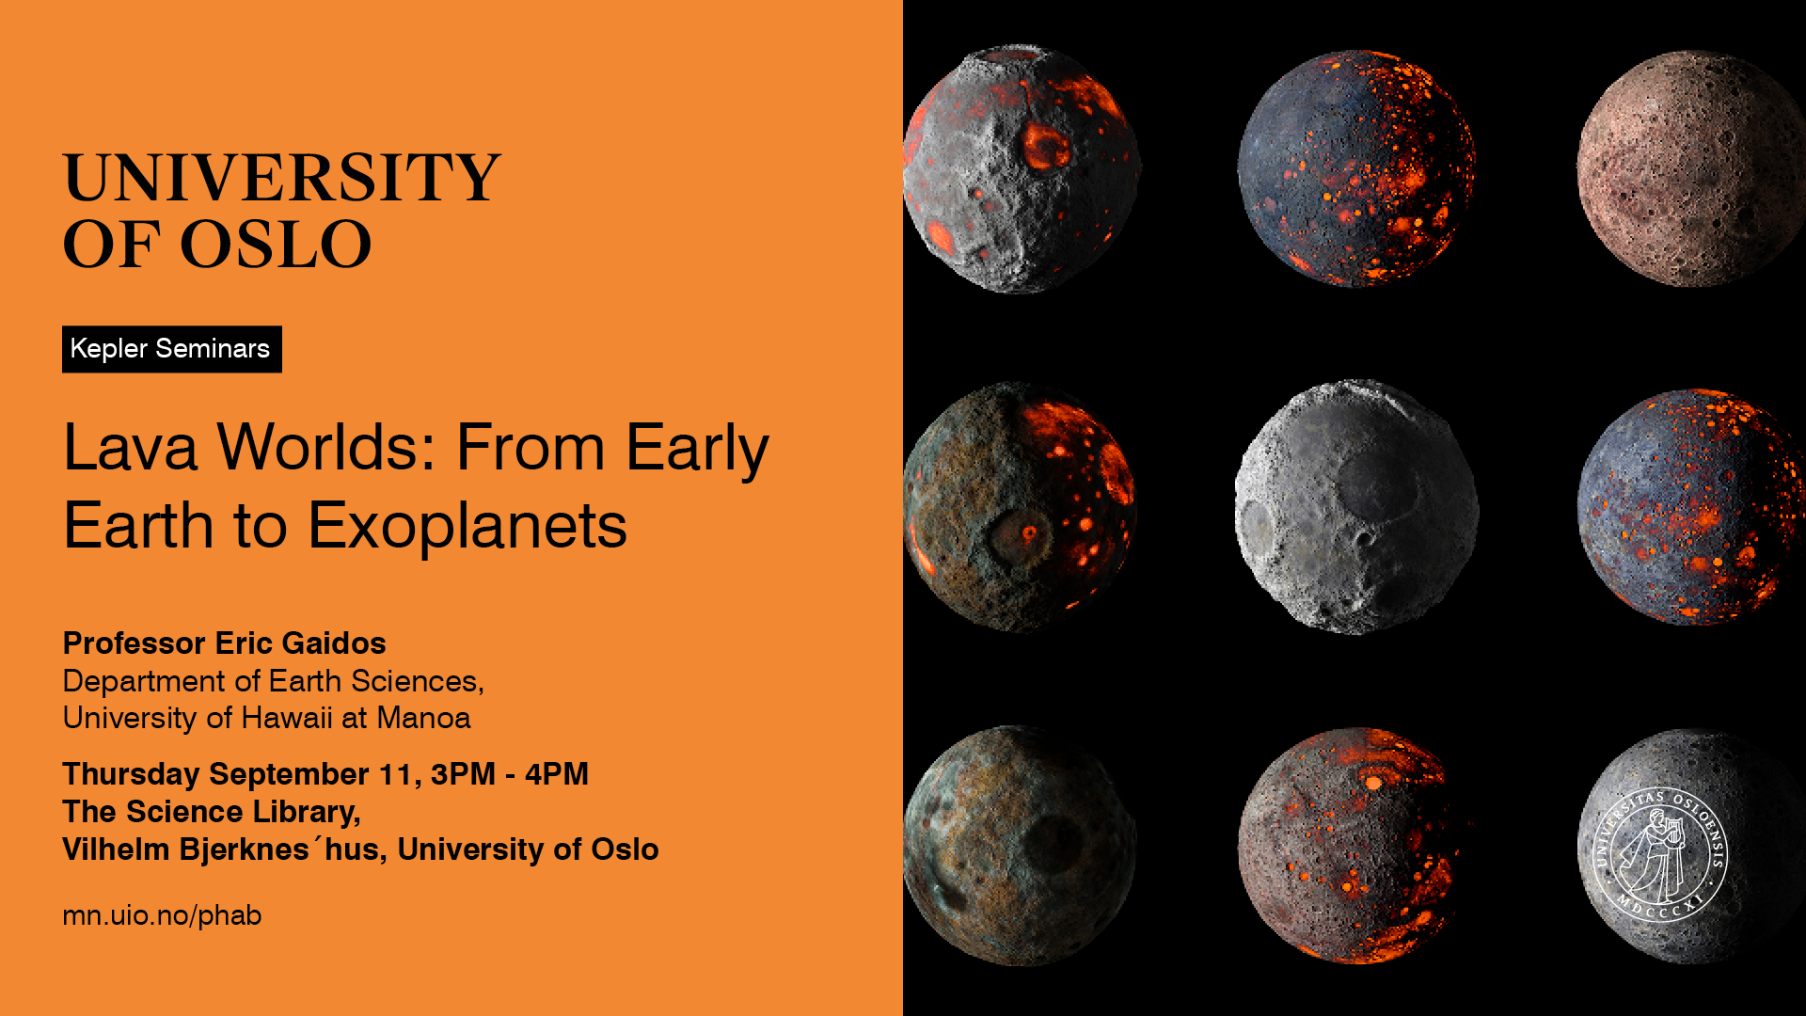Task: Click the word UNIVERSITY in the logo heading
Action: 281,177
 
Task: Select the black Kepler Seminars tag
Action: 172,349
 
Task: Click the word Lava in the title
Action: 131,447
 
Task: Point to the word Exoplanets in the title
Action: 467,526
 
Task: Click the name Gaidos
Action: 334,643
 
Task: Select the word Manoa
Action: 423,718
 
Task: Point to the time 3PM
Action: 463,774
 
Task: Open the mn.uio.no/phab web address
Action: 162,915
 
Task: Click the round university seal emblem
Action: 1659,854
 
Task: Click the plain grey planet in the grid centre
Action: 1355,506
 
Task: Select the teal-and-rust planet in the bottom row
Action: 1020,845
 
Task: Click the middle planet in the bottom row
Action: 1351,845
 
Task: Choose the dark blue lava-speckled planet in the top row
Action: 1356,167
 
